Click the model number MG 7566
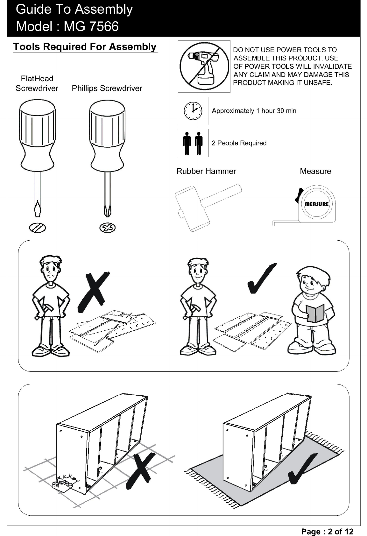point(91,26)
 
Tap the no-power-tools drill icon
point(204,66)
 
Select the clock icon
point(193,111)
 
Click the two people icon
point(193,143)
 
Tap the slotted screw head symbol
point(38,228)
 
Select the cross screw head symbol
point(107,228)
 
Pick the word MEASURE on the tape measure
point(317,204)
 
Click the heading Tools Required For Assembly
point(85,47)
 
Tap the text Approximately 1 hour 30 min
point(254,111)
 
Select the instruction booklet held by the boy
point(315,313)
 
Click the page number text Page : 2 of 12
point(327,532)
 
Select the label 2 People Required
point(239,143)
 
